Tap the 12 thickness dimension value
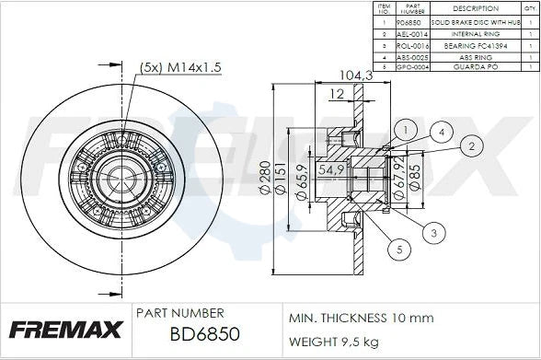point(339,94)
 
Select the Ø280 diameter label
point(266,178)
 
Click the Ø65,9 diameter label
point(302,181)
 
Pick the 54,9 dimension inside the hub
point(331,170)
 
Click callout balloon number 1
point(402,129)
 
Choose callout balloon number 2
point(470,145)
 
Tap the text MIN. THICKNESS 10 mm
point(361,318)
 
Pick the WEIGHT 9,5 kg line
point(333,341)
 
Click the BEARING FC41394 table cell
point(476,43)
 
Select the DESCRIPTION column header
point(476,8)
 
